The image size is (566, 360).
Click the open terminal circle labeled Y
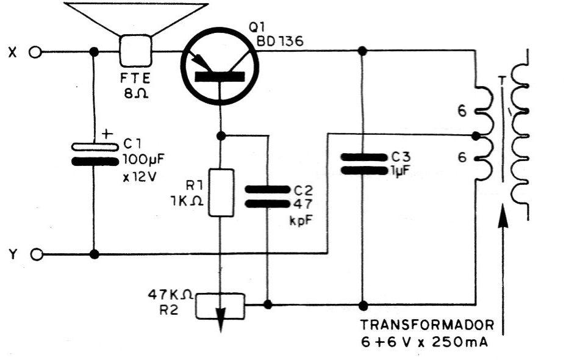coord(36,254)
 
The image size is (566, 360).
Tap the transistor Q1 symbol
coord(220,66)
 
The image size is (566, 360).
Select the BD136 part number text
coord(280,41)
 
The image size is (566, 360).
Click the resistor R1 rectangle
coord(221,193)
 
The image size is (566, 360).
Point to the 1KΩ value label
coord(186,201)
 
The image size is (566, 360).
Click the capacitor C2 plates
coord(268,197)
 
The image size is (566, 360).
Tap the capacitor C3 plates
coord(364,164)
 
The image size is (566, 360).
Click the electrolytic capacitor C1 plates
coord(95,154)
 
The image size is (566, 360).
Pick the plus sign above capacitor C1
coord(107,134)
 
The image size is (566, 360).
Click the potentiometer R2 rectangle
coord(220,306)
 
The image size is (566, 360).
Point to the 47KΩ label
coord(170,295)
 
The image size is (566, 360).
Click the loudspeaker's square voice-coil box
coord(135,51)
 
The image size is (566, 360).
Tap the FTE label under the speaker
coord(135,78)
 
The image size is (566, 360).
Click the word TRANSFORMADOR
coord(428,325)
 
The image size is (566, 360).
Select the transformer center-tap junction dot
coord(476,136)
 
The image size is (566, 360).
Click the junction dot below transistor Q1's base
coord(221,136)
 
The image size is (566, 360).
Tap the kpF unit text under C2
coord(301,220)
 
